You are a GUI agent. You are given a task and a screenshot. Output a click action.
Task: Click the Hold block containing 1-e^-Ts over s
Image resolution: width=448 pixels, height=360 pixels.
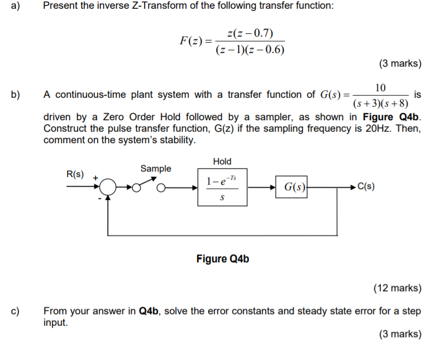point(222,187)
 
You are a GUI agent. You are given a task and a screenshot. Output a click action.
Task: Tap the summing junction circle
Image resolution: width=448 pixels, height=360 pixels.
point(109,187)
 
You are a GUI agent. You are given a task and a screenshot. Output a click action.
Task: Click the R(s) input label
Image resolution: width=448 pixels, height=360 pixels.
point(75,174)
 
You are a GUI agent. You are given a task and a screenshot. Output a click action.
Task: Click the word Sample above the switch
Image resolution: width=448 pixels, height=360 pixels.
point(156,169)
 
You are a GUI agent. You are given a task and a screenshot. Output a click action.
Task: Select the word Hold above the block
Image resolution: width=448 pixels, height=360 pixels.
point(222,161)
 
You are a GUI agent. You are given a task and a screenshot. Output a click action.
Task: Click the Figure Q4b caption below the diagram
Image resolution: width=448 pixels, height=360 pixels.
point(223,258)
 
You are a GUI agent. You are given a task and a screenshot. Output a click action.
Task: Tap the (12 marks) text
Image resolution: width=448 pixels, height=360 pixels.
point(397,288)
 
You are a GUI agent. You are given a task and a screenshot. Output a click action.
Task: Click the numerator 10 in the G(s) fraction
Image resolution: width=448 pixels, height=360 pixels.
point(380,87)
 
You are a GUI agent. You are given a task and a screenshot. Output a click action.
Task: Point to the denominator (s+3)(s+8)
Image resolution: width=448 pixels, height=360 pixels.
point(380,103)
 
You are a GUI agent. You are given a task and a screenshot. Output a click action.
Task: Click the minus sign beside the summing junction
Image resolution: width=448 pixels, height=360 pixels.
point(100,198)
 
